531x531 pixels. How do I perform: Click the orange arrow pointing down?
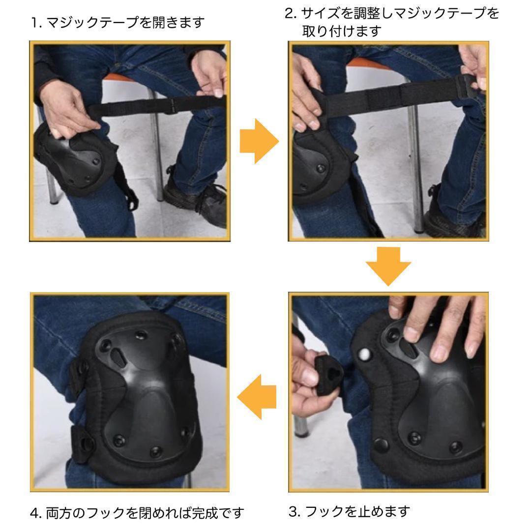(x=388, y=266)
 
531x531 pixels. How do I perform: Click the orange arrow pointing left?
(x=256, y=397)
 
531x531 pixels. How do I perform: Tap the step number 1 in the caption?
(x=35, y=23)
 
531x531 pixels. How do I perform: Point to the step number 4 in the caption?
(x=35, y=513)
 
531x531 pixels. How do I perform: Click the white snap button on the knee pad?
(x=365, y=354)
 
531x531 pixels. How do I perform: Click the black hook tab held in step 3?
(x=328, y=374)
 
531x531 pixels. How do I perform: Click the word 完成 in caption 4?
(x=205, y=513)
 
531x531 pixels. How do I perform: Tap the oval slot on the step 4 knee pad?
(x=118, y=356)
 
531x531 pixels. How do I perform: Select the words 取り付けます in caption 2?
(x=342, y=31)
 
